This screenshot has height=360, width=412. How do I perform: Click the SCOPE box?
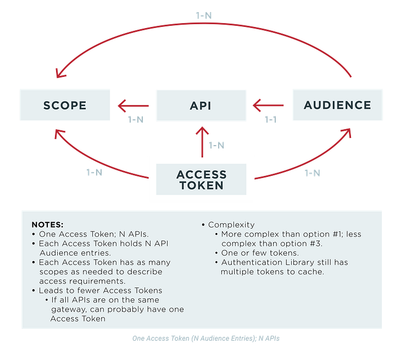click(x=65, y=105)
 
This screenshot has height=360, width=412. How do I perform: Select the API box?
click(x=201, y=105)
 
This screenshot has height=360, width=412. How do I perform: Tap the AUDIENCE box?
click(x=337, y=105)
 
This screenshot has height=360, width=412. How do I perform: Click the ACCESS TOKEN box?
click(x=201, y=179)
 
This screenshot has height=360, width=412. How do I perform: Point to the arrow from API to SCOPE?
click(x=133, y=105)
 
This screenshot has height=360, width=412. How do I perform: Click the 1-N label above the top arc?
click(x=204, y=15)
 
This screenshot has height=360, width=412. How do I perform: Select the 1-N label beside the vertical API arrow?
click(x=216, y=146)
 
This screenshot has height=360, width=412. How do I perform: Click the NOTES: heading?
click(x=47, y=225)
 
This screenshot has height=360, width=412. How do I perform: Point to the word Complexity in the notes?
click(x=231, y=225)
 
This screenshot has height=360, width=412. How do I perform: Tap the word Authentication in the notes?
click(x=250, y=263)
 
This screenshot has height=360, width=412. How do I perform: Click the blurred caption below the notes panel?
click(x=206, y=339)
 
